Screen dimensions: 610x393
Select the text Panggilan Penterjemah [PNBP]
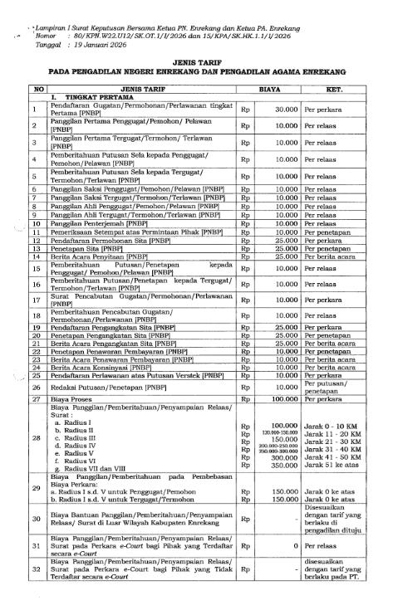coord(96,223)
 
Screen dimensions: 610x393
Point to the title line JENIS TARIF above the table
coord(196,62)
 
